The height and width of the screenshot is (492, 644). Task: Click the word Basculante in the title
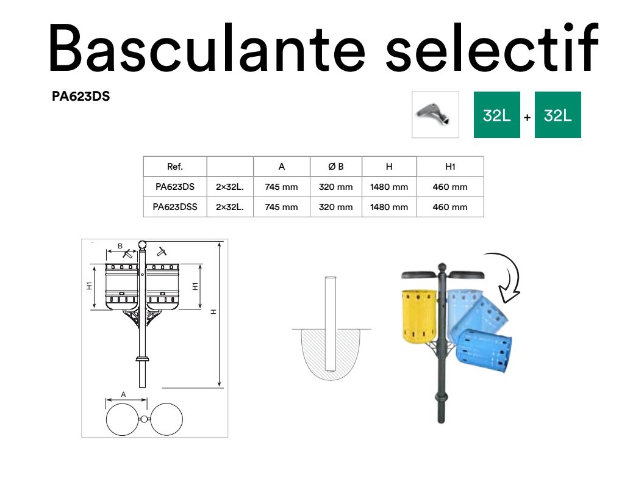(207, 48)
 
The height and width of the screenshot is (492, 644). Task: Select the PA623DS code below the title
(80, 96)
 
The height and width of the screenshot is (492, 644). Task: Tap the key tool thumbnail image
(435, 115)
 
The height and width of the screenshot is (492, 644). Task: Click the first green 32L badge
(497, 115)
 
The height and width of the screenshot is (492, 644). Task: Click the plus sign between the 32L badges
(528, 118)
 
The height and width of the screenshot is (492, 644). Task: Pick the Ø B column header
(336, 167)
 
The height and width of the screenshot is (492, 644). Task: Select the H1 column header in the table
(450, 167)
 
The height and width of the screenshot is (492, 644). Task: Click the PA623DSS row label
(175, 207)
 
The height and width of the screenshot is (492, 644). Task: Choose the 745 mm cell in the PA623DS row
(281, 187)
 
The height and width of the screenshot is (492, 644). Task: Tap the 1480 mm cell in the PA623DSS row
(389, 207)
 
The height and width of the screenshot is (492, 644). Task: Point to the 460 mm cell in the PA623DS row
(450, 187)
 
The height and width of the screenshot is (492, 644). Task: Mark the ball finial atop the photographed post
(442, 267)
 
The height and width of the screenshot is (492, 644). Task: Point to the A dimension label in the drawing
(124, 394)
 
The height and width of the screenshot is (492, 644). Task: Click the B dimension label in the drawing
(120, 246)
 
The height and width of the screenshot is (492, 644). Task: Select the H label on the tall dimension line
(213, 312)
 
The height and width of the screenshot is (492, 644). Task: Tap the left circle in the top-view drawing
(123, 419)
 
